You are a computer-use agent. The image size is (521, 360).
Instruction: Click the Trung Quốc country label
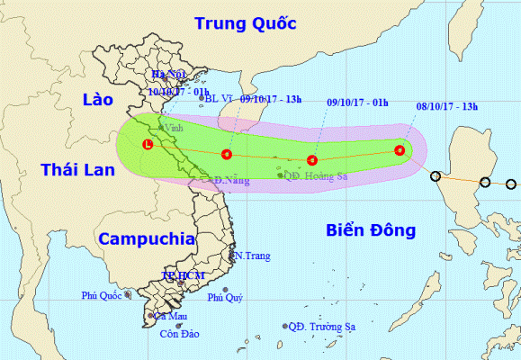[x=247, y=22]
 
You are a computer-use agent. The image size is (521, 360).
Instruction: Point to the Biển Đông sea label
[x=371, y=231]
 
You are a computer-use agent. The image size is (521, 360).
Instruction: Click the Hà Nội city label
[x=168, y=75]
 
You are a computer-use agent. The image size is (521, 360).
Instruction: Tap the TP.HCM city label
[x=179, y=274]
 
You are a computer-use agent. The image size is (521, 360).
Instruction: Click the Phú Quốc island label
[x=101, y=294]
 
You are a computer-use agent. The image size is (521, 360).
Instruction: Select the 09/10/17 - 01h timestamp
[x=356, y=103]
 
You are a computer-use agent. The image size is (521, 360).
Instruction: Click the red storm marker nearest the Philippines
[x=400, y=151]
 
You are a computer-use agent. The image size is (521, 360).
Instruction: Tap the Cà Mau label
[x=170, y=316]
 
